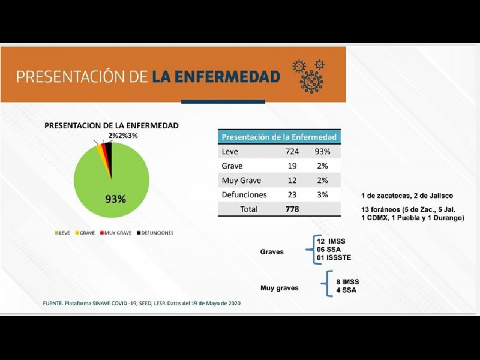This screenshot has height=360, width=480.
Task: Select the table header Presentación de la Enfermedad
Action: [279, 137]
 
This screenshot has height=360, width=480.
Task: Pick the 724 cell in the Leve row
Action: [292, 152]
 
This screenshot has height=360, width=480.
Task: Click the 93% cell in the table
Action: [322, 152]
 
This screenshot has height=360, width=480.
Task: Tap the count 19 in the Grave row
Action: [292, 166]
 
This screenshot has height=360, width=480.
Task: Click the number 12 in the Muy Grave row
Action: [292, 181]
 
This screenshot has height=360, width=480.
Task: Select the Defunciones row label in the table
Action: [244, 195]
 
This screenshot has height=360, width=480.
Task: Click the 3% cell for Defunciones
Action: [322, 195]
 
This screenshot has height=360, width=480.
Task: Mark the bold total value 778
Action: [292, 209]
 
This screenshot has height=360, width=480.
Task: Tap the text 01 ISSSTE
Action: [334, 258]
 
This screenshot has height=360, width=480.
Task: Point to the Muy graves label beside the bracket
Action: [279, 288]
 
